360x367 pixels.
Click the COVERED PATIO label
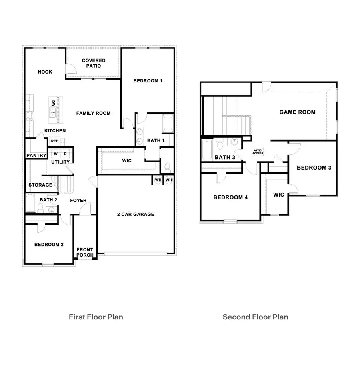click(x=94, y=63)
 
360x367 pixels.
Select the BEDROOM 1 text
click(x=148, y=81)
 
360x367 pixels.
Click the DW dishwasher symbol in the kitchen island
click(x=53, y=104)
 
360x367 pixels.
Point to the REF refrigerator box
click(x=54, y=141)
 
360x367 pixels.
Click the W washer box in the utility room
click(x=56, y=154)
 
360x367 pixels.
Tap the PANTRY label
click(x=36, y=156)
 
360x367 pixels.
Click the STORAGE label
click(x=40, y=185)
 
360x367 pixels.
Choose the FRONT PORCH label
click(x=85, y=252)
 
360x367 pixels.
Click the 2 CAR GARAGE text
click(x=136, y=214)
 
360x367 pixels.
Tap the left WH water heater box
click(x=158, y=180)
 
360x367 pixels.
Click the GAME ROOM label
click(x=297, y=112)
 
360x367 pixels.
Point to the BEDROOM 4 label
click(x=228, y=197)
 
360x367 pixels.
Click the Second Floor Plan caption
click(x=255, y=317)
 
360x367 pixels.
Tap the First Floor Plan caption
click(x=96, y=317)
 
